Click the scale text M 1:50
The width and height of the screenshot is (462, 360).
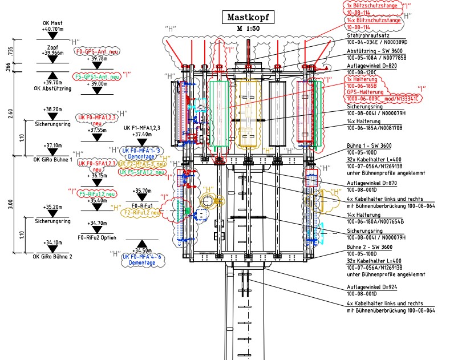(x=249, y=27)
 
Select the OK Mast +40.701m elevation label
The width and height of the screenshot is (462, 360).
(x=53, y=27)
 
